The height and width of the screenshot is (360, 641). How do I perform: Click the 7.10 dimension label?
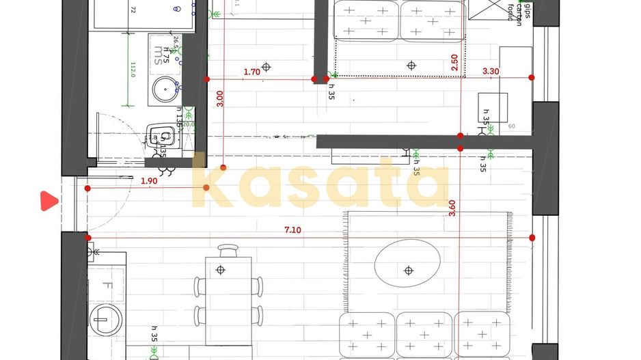292,230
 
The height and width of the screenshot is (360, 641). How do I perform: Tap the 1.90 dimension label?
149,181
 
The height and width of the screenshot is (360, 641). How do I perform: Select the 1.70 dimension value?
251,71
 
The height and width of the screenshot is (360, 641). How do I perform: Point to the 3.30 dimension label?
491,70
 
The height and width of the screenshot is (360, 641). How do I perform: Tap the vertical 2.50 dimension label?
454,64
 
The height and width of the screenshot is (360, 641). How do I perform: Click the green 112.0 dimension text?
134,70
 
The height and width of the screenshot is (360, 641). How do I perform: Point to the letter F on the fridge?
108,286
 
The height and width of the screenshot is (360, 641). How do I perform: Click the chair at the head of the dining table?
228,253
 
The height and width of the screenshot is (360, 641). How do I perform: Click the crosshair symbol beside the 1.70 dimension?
267,66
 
